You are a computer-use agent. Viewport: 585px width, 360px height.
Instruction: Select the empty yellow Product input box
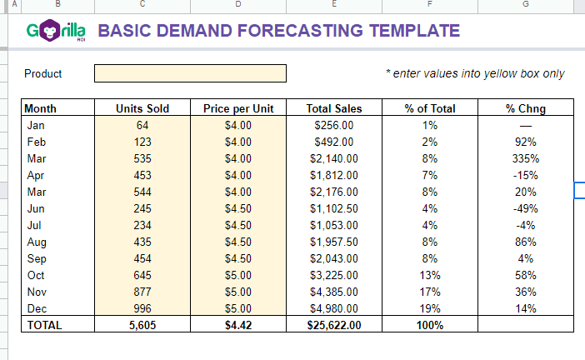click(x=190, y=73)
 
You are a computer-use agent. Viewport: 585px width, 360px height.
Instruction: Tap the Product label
click(x=43, y=73)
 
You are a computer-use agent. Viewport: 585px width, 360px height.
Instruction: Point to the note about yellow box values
click(x=475, y=73)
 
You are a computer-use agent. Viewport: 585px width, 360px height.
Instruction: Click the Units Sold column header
click(x=142, y=108)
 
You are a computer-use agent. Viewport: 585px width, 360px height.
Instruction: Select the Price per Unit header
click(x=238, y=108)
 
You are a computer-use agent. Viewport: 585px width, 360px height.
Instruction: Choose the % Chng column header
click(x=526, y=108)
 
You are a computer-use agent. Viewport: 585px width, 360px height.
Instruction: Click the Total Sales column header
click(x=334, y=108)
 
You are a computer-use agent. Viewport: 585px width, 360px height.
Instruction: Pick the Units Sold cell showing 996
click(x=142, y=308)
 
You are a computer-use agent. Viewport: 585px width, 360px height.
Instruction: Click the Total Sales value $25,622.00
click(x=334, y=325)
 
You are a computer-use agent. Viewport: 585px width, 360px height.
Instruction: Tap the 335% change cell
click(x=526, y=158)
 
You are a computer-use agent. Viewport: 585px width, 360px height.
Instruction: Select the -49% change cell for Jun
click(x=526, y=208)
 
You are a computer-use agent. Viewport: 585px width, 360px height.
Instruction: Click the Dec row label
click(x=37, y=308)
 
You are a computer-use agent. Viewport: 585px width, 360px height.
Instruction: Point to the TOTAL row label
click(x=45, y=325)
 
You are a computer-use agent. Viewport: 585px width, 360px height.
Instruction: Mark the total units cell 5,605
click(x=142, y=325)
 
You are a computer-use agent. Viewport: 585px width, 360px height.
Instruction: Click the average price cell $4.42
click(x=238, y=325)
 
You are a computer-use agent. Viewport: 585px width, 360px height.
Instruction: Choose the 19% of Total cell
click(x=430, y=308)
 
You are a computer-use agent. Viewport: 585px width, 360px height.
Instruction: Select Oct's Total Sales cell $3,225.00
click(x=334, y=275)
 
